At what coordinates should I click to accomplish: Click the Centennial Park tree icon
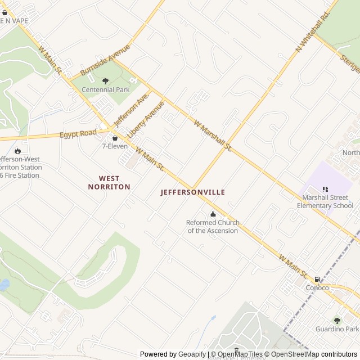[105, 81]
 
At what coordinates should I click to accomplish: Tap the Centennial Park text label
[106, 90]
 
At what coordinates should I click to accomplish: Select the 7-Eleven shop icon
[115, 138]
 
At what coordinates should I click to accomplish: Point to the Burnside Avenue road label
[105, 60]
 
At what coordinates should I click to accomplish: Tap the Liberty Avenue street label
[146, 120]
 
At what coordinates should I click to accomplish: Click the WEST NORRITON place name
[109, 182]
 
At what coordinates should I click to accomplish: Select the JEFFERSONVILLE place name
[193, 192]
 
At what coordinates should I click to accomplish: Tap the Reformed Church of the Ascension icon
[213, 214]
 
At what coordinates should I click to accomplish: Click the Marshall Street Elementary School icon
[325, 190]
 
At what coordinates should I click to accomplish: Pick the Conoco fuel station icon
[317, 279]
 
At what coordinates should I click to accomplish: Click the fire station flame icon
[17, 151]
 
